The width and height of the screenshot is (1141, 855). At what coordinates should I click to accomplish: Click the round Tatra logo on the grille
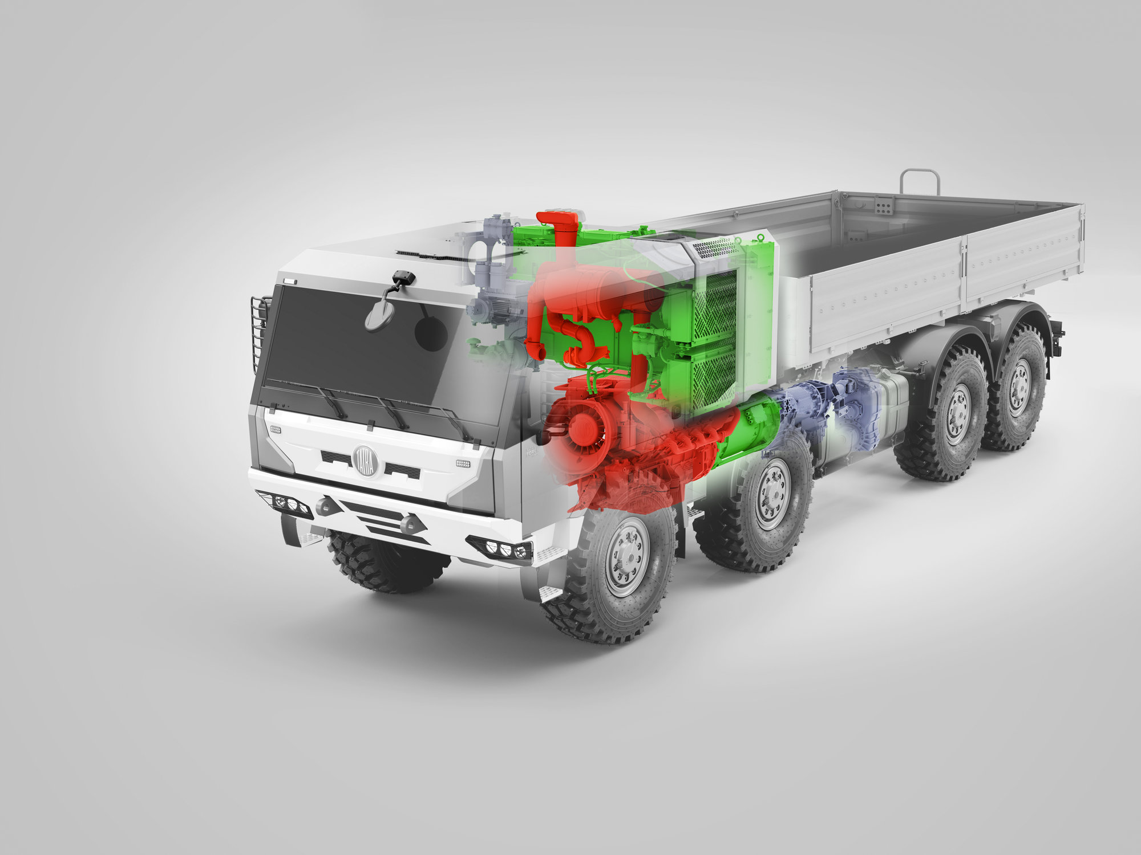pos(366,461)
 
